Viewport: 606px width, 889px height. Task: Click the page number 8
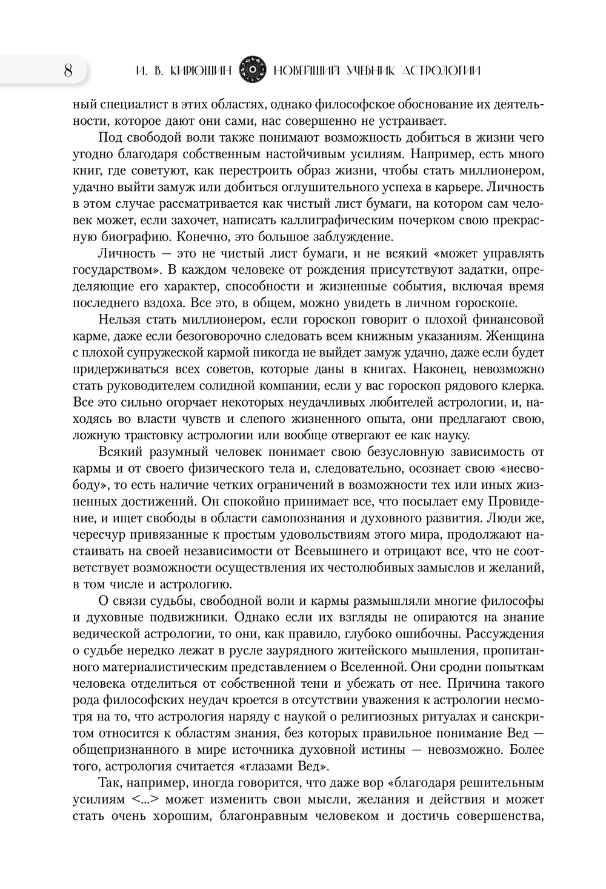[x=67, y=71]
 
